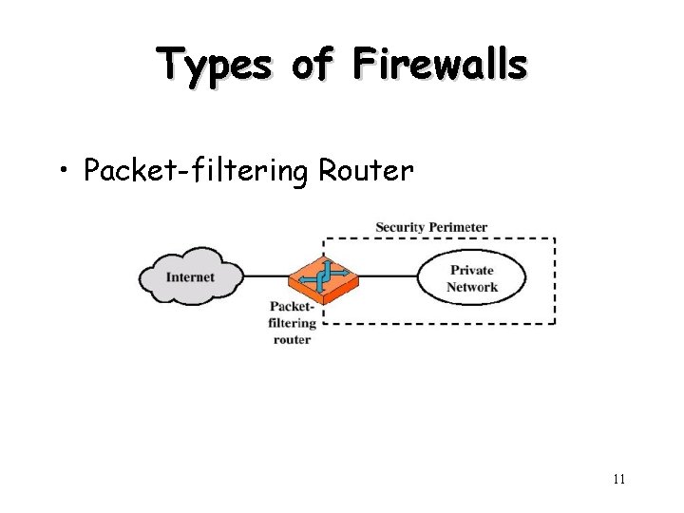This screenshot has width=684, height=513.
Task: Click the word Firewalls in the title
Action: (439, 65)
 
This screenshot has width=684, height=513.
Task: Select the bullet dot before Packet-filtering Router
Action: (64, 172)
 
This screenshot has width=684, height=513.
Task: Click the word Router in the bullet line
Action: (366, 171)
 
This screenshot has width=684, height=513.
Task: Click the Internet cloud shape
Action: (191, 276)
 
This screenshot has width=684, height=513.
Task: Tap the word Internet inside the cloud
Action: (191, 277)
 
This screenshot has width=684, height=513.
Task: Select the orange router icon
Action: (323, 276)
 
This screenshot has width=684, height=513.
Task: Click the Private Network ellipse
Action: (472, 277)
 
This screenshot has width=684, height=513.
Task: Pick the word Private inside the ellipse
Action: (472, 270)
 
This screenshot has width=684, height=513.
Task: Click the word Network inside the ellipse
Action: (472, 287)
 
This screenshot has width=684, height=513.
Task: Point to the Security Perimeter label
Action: (431, 227)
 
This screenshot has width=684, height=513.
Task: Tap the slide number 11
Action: (618, 479)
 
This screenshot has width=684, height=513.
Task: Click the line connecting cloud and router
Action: (266, 277)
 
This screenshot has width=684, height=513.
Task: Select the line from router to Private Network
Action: (389, 277)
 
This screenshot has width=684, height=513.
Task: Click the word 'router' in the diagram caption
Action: (292, 339)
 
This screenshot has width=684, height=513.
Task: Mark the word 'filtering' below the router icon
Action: (291, 323)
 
